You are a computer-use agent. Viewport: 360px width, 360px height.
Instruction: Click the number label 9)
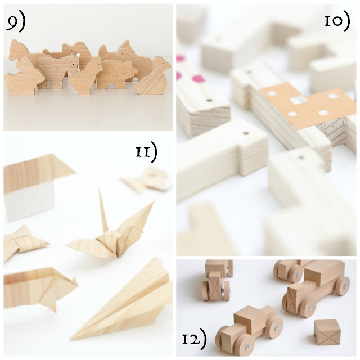16,23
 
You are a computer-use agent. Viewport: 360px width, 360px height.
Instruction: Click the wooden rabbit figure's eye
39,74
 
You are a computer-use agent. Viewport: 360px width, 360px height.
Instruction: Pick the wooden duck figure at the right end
152,76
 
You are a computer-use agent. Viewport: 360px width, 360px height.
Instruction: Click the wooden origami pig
39,287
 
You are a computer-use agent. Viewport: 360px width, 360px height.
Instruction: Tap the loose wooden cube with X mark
327,332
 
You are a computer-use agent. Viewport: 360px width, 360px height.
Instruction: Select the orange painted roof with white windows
308,103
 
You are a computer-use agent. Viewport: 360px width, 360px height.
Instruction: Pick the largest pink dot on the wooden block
198,79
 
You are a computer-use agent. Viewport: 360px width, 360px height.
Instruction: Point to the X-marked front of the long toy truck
293,299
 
